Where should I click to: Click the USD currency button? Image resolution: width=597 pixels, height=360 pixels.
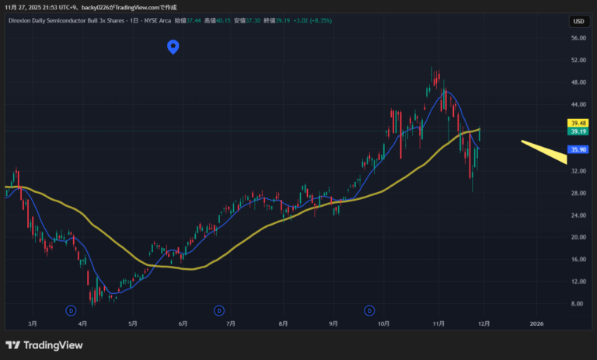tap(578, 22)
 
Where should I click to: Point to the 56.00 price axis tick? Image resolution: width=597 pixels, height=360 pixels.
tap(578, 38)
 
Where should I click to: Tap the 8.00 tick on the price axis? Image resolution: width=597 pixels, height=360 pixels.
tap(578, 304)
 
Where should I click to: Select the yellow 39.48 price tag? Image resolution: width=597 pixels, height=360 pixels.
tap(578, 123)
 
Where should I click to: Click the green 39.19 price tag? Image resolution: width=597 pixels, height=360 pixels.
tap(578, 131)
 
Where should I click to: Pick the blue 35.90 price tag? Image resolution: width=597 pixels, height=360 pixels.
tap(578, 149)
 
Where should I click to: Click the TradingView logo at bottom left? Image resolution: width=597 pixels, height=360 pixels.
tap(44, 345)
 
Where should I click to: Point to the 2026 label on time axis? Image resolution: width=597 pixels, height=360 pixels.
tap(536, 322)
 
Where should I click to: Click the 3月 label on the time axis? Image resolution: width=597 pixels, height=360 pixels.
tap(33, 322)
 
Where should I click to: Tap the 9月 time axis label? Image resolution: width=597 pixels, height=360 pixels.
tap(333, 322)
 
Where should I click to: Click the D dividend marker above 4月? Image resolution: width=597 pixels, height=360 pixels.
tap(71, 309)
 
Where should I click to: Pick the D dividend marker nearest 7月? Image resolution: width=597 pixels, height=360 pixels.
tap(218, 309)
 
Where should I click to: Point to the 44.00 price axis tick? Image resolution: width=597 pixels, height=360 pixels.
tap(578, 104)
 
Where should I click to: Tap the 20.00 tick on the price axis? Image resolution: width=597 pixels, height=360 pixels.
tap(578, 237)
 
